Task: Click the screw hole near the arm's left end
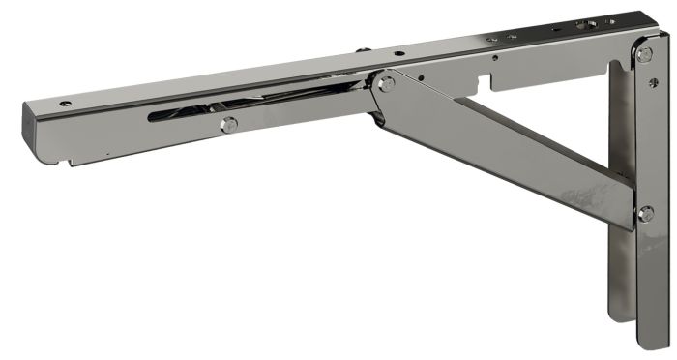tap(65, 103)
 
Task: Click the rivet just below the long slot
tap(228, 125)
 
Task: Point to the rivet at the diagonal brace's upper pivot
tap(386, 85)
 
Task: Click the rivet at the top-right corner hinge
tap(644, 54)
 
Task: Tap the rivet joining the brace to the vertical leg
tap(644, 213)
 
